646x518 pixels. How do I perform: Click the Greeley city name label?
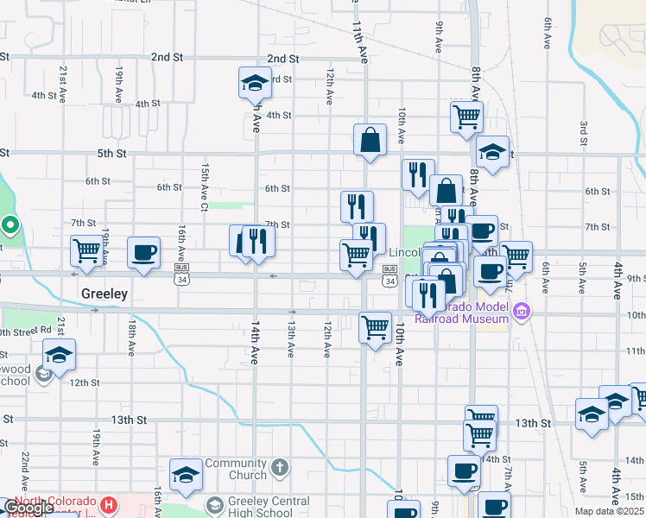[x=104, y=294]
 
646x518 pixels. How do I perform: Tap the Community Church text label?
[x=236, y=470]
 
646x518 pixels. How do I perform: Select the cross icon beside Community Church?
[x=278, y=469]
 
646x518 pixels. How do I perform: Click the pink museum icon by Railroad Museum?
[x=521, y=312]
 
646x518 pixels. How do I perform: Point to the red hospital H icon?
[x=109, y=504]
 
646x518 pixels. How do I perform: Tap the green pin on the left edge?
[x=10, y=225]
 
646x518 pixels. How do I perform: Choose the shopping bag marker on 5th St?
[x=370, y=139]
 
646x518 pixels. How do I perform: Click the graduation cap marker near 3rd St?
[x=255, y=83]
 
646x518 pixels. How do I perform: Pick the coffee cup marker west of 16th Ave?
[x=143, y=252]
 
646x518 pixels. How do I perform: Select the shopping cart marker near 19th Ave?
[x=86, y=251]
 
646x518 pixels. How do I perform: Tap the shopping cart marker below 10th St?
[x=375, y=327]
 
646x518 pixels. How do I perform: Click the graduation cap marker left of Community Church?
[x=186, y=474]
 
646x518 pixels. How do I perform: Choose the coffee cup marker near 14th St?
[x=464, y=471]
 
